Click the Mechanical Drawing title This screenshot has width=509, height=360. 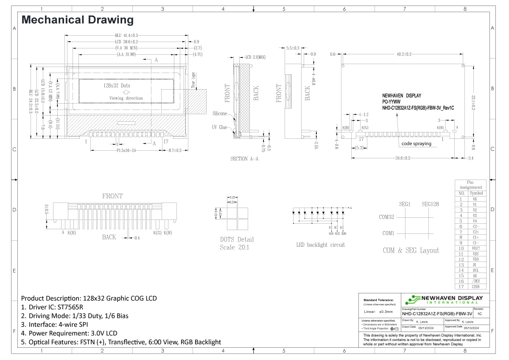[77, 20]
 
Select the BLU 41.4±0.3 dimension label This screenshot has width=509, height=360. [126, 35]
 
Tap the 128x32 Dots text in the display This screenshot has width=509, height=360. [117, 85]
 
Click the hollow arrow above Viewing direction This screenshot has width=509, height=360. [126, 92]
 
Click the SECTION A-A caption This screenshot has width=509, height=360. [244, 159]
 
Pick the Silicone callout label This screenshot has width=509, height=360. [220, 114]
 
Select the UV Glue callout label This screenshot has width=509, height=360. [220, 127]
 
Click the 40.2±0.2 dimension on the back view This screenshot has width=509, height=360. [404, 54]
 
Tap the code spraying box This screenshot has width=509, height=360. [416, 143]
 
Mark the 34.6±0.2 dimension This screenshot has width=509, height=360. [403, 158]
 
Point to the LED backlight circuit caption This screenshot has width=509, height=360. [320, 245]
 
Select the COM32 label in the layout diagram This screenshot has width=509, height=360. [386, 217]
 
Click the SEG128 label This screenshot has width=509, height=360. [430, 204]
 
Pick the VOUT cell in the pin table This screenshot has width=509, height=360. [475, 248]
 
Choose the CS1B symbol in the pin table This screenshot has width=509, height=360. [475, 287]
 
